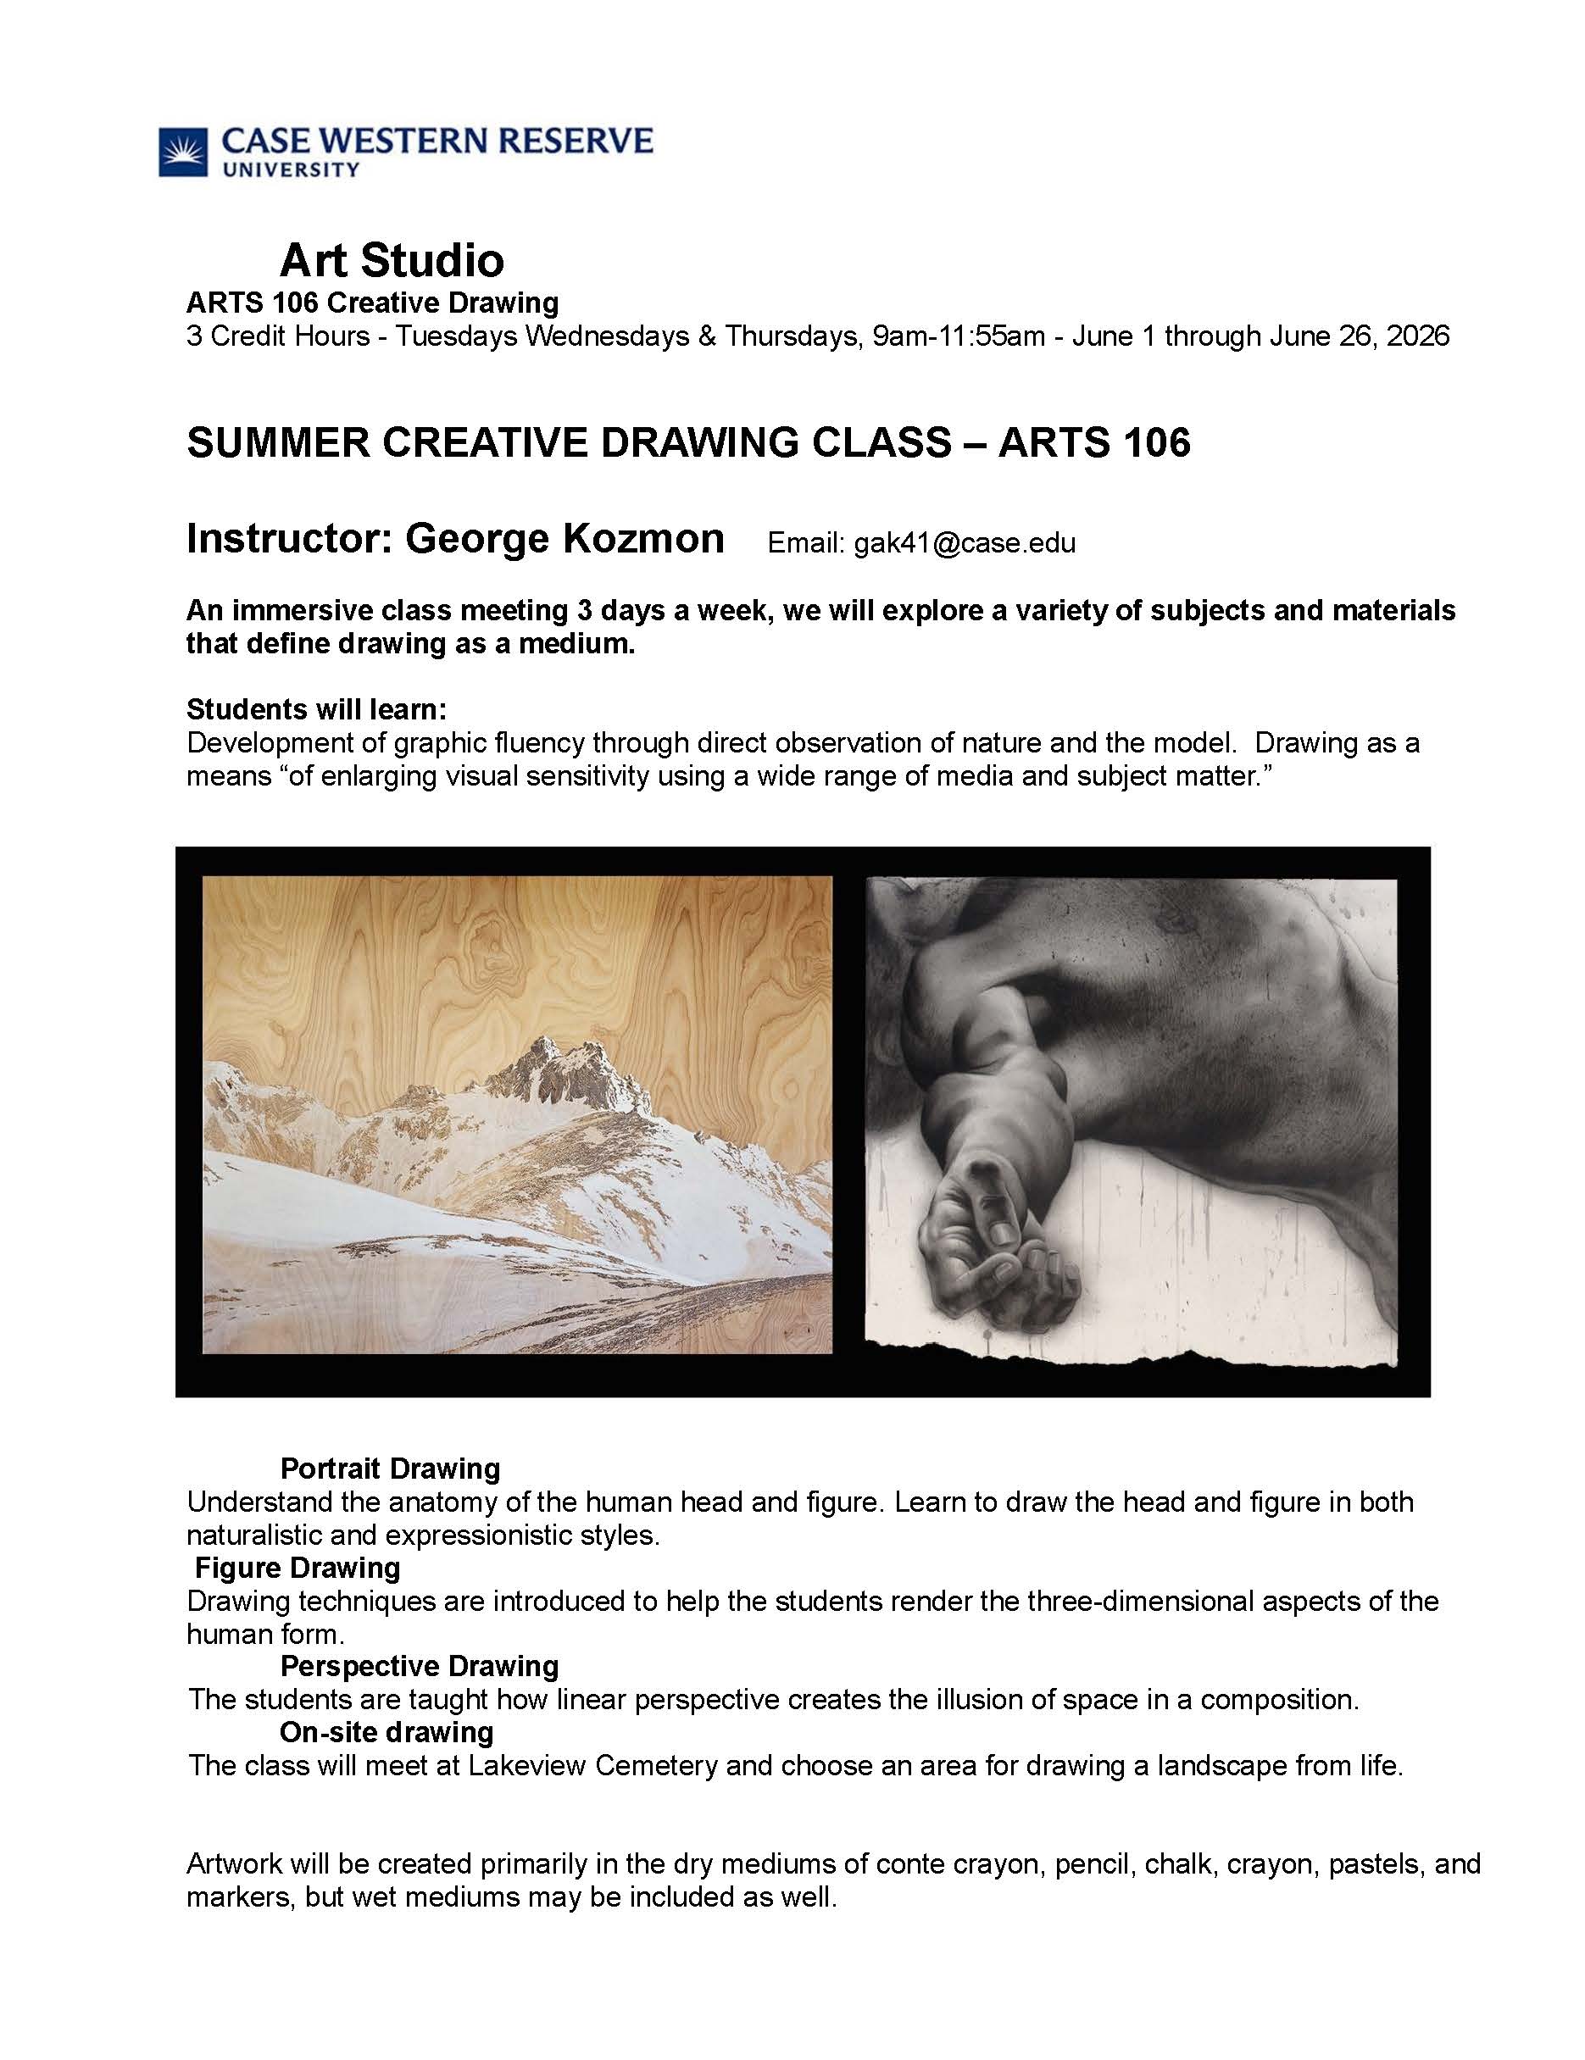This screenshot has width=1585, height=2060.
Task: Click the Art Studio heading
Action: (x=392, y=260)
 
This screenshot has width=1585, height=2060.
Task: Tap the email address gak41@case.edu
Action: (x=965, y=542)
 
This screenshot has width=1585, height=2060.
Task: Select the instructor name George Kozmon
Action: (x=564, y=539)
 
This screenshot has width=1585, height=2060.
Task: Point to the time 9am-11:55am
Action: (x=959, y=336)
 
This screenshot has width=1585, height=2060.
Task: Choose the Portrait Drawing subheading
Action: (x=390, y=1469)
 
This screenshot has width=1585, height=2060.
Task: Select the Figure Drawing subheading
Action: (x=298, y=1568)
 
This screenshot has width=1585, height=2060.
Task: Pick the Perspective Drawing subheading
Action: (x=419, y=1667)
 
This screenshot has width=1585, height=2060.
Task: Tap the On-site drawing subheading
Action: (x=386, y=1732)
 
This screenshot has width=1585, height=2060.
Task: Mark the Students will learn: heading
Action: (x=316, y=708)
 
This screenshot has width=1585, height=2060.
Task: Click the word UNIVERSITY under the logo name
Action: (x=290, y=169)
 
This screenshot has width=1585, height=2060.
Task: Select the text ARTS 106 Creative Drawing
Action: (x=372, y=303)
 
